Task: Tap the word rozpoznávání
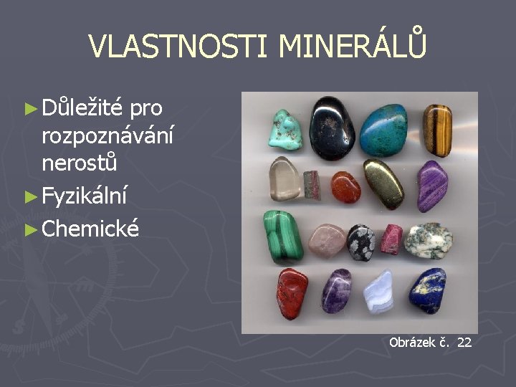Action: tap(107, 135)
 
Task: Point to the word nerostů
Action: tap(80, 162)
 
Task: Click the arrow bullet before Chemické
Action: tap(29, 229)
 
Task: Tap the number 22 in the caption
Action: tap(464, 343)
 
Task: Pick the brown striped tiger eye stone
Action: tap(437, 130)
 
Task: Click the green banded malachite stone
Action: tap(283, 236)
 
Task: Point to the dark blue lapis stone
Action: tap(428, 290)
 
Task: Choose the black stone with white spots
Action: tap(361, 242)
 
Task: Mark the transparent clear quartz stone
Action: tap(283, 178)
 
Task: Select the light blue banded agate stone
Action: tap(378, 292)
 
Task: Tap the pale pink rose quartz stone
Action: tap(327, 240)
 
